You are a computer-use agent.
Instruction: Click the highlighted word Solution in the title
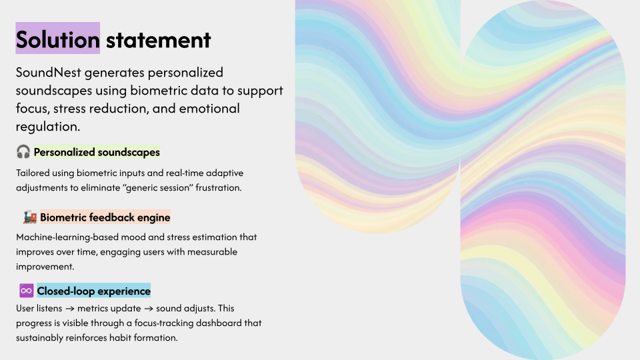tap(58, 39)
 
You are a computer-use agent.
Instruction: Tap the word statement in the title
tap(159, 39)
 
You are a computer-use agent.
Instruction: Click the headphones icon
tap(23, 152)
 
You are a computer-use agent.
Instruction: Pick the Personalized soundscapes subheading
tap(97, 152)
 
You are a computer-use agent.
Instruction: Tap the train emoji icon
tap(29, 217)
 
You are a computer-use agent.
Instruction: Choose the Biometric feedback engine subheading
tap(105, 217)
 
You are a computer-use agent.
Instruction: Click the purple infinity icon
tap(26, 291)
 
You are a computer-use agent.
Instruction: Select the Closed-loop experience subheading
tap(94, 291)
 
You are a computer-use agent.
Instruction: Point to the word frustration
tap(217, 188)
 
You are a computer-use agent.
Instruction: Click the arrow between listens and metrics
tap(69, 309)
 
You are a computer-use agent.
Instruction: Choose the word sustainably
tap(43, 337)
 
